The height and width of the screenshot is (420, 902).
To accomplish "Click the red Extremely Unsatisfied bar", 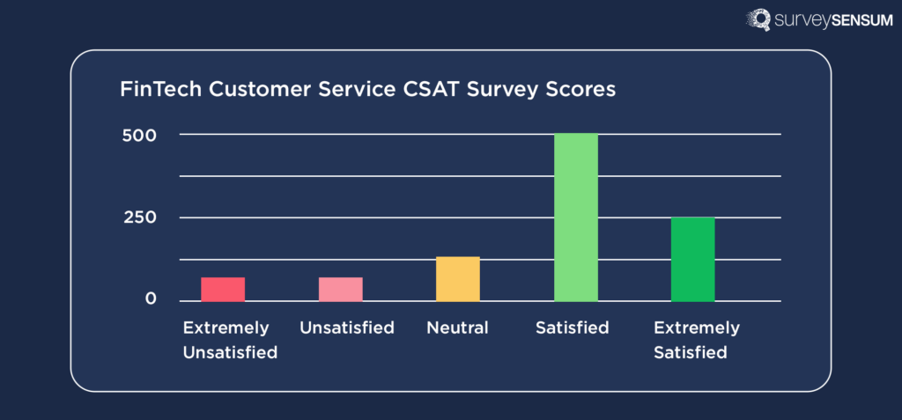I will click(223, 290).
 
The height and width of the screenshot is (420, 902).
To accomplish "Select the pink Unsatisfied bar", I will click(340, 290).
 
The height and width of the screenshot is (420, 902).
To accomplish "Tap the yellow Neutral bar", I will click(458, 279).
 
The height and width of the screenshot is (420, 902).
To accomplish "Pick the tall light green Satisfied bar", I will click(576, 217).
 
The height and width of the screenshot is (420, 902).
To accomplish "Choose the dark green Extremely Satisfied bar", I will click(693, 259).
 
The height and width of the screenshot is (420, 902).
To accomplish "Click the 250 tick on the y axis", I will click(138, 217).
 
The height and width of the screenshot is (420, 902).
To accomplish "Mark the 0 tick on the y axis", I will click(151, 299).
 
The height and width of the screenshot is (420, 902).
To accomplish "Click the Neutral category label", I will click(457, 328).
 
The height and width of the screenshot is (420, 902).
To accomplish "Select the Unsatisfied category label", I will click(346, 328).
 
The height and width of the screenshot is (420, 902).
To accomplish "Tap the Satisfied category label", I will click(572, 328).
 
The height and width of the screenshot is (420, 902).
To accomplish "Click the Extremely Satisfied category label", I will click(696, 341).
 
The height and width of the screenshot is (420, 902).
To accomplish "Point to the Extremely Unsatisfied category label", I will click(229, 341).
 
